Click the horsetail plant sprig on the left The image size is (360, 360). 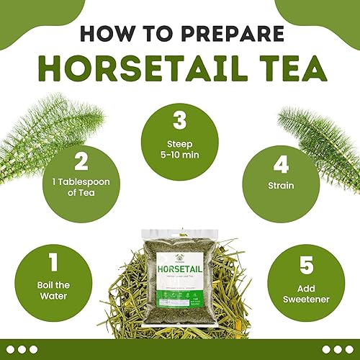32,144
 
